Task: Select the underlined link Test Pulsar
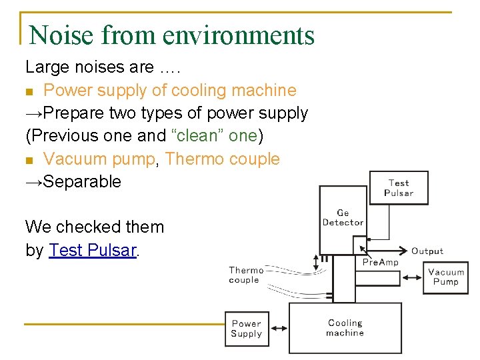[x=93, y=250]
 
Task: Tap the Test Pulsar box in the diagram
[x=399, y=188]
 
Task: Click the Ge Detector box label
[x=343, y=218]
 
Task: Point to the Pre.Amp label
[x=380, y=263]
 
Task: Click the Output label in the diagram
[x=427, y=251]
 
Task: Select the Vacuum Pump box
[x=445, y=277]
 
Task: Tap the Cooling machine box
[x=345, y=327]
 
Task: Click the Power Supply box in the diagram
[x=246, y=329]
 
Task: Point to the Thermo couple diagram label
[x=246, y=275]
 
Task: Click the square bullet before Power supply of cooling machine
[x=29, y=91]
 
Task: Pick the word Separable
[x=82, y=181]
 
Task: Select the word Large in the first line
[x=45, y=67]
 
